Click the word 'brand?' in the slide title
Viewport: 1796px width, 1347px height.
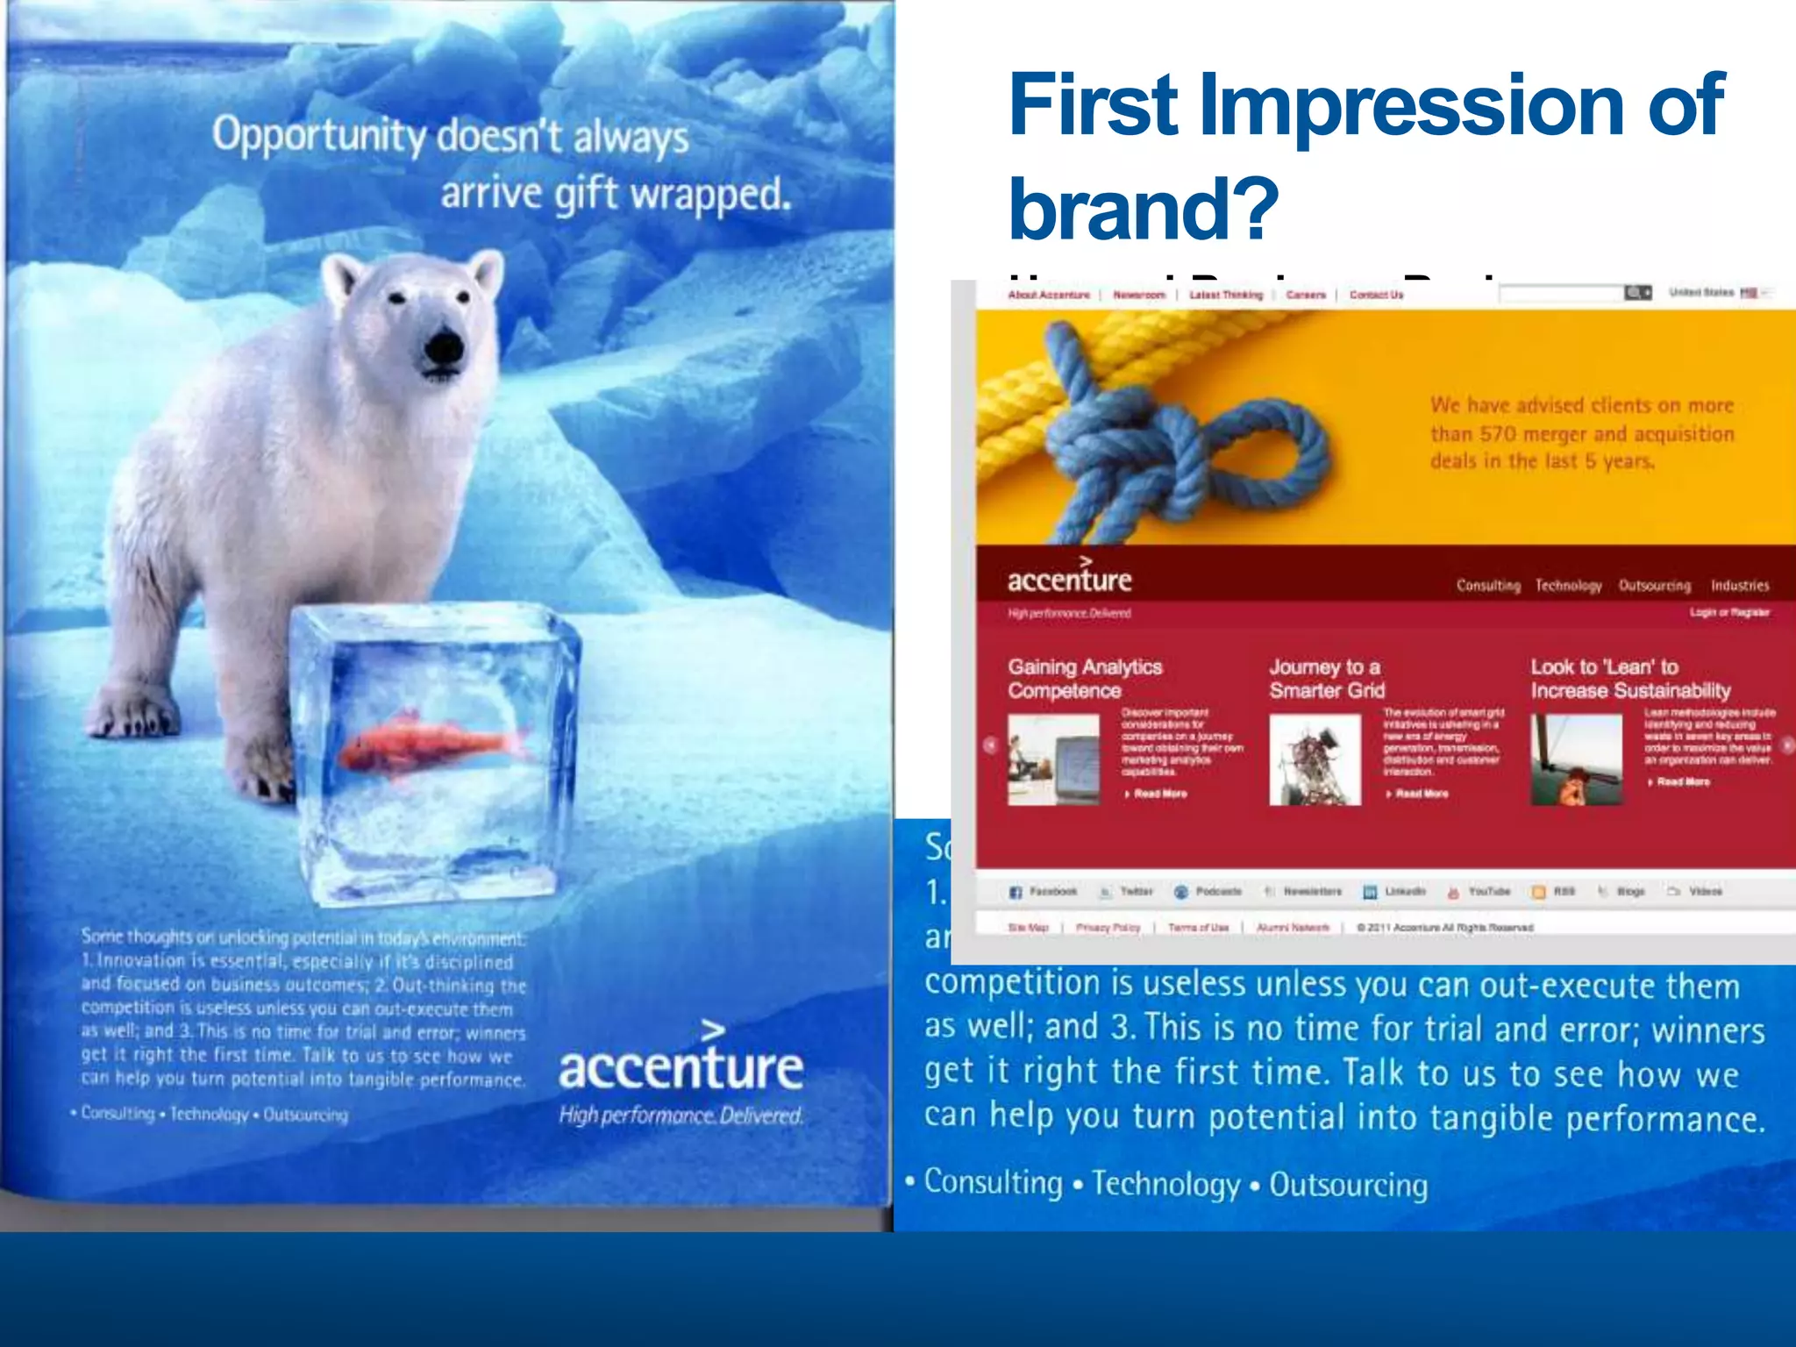(1144, 208)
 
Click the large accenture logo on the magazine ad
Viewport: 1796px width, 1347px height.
(681, 1065)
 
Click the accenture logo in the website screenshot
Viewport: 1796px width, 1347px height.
(1069, 579)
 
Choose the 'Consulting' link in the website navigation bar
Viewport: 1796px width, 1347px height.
(1488, 586)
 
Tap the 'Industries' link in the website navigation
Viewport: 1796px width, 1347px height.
(1739, 586)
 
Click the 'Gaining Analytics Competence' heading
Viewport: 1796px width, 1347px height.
(1084, 679)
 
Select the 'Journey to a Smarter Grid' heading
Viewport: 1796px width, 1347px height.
(1327, 679)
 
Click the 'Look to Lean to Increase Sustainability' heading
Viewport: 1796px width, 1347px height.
(1629, 679)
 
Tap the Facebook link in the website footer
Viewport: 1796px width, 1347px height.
(1044, 892)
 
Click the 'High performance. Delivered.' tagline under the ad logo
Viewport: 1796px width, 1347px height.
(681, 1115)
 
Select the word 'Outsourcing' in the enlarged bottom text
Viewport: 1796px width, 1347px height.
(1348, 1185)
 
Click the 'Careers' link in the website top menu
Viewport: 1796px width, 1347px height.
(1305, 295)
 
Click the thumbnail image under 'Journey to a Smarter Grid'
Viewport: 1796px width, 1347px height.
(1315, 759)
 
